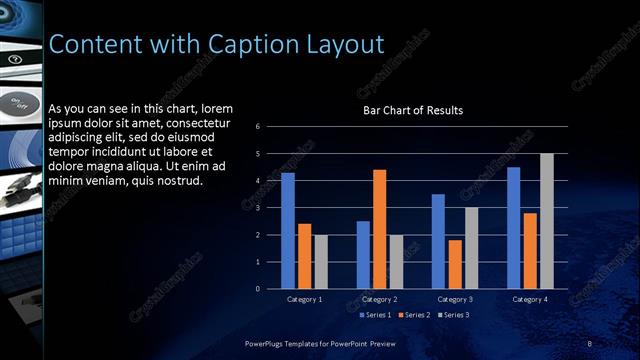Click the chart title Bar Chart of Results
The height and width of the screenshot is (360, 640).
point(413,110)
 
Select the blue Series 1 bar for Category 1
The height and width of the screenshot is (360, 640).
point(288,231)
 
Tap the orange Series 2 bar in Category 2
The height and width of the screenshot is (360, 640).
point(379,229)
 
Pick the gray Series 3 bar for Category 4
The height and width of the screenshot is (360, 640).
point(546,221)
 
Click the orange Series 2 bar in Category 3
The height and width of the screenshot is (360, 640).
point(455,264)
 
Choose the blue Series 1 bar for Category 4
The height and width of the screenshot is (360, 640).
point(514,228)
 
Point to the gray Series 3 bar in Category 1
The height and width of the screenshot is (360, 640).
point(320,262)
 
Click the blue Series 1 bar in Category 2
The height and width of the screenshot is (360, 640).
point(363,255)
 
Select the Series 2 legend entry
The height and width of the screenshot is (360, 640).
point(413,315)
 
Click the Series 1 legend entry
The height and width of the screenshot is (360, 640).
point(375,315)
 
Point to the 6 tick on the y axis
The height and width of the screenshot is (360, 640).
point(258,127)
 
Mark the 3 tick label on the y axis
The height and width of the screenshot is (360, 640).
point(258,208)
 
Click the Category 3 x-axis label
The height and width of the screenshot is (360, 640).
point(455,299)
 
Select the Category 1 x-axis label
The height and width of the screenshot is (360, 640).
point(304,299)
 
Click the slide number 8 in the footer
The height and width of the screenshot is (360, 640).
point(590,343)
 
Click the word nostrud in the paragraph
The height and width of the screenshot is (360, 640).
point(176,181)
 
